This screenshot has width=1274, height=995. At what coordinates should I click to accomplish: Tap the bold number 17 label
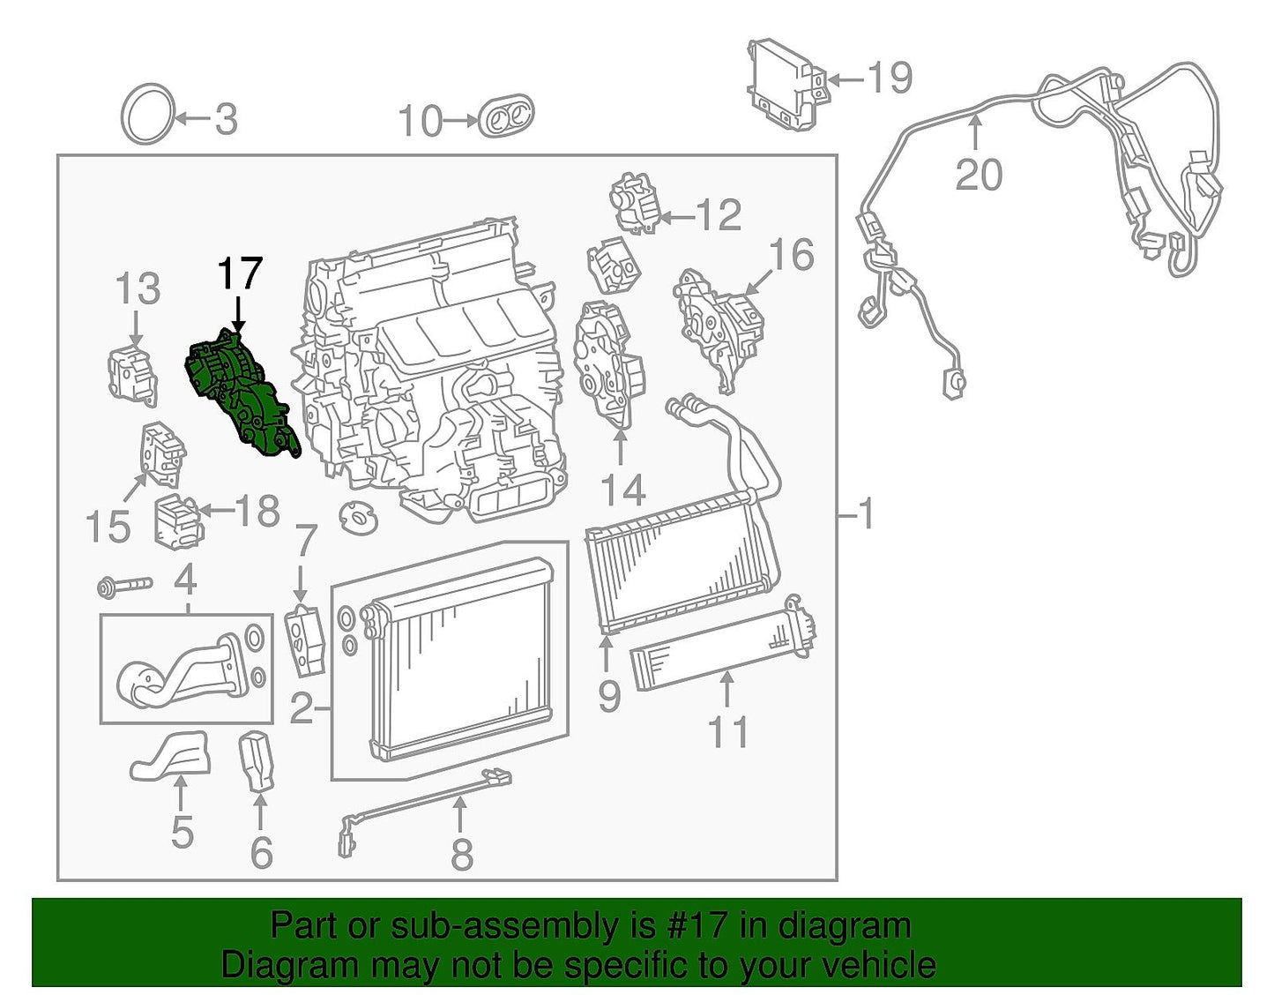(240, 274)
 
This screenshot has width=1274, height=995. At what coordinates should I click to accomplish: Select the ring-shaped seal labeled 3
(147, 114)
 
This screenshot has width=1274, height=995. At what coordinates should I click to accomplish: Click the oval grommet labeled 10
(506, 116)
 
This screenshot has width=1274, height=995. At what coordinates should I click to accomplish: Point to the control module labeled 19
(786, 85)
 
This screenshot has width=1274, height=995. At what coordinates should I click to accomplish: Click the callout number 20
(979, 175)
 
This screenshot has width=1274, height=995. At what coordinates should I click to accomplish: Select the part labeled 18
(178, 522)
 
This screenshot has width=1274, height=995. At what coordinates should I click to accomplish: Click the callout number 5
(182, 832)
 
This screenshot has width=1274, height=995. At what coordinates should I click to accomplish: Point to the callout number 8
(462, 854)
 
